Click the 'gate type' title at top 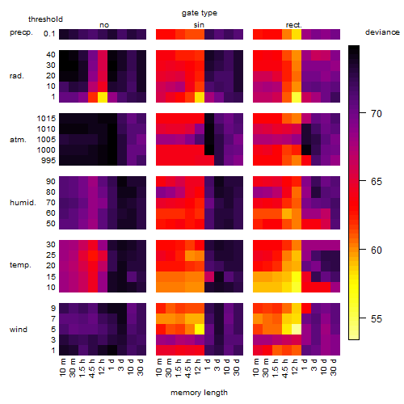[200, 13]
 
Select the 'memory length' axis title [199, 393]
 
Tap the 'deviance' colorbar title [382, 32]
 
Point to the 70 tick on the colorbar [363, 113]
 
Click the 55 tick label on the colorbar [377, 319]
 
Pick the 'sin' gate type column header [199, 25]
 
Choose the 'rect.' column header [293, 25]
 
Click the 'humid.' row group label [23, 203]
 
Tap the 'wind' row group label [19, 330]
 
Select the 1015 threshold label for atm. [46, 118]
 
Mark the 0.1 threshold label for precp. [49, 34]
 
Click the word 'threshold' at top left [45, 19]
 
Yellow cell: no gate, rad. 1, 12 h [103, 97]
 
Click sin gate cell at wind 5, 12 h [200, 330]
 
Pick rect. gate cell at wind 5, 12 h [297, 330]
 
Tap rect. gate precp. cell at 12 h [297, 34]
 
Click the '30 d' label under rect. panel [334, 368]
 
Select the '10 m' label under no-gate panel [62, 368]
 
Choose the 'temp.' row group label [20, 265]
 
